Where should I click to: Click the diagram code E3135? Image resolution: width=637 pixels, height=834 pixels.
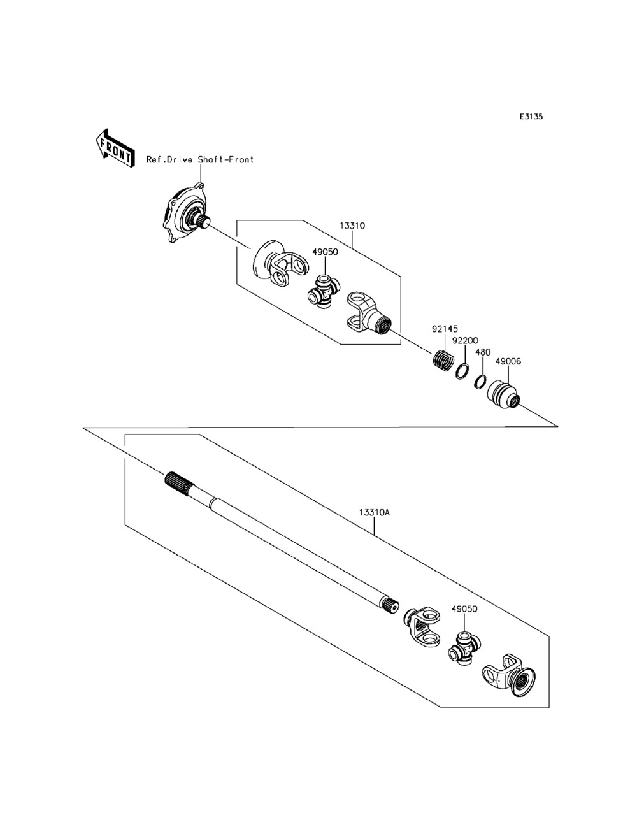point(531,117)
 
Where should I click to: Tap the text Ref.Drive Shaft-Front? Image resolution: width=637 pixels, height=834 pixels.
point(200,160)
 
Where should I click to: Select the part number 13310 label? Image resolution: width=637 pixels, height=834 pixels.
point(352,226)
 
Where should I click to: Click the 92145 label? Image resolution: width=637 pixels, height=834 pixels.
point(445,329)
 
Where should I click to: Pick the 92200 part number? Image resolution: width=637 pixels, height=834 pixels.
point(464,341)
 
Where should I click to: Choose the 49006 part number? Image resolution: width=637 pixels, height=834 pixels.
point(508,361)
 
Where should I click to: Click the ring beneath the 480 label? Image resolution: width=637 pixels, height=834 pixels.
point(482,382)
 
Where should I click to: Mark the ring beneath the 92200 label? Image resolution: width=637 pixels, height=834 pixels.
point(462,371)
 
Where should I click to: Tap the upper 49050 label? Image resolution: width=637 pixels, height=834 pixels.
point(324,252)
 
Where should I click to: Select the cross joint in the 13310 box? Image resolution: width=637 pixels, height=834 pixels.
point(322,293)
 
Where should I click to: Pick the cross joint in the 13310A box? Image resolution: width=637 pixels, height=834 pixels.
point(463,650)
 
